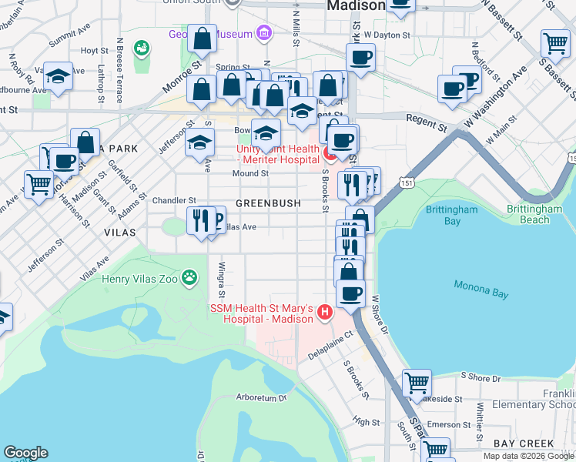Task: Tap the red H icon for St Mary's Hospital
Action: pyautogui.click(x=325, y=312)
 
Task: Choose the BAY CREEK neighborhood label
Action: pyautogui.click(x=524, y=444)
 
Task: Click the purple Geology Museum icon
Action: pyautogui.click(x=264, y=33)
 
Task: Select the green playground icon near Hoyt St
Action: pyautogui.click(x=141, y=49)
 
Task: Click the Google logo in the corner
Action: pyautogui.click(x=25, y=452)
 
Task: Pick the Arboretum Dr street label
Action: pyautogui.click(x=261, y=398)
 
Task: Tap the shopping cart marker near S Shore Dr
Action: pyautogui.click(x=417, y=381)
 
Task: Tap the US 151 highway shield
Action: pyautogui.click(x=404, y=179)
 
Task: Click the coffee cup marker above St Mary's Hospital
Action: pyautogui.click(x=350, y=293)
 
